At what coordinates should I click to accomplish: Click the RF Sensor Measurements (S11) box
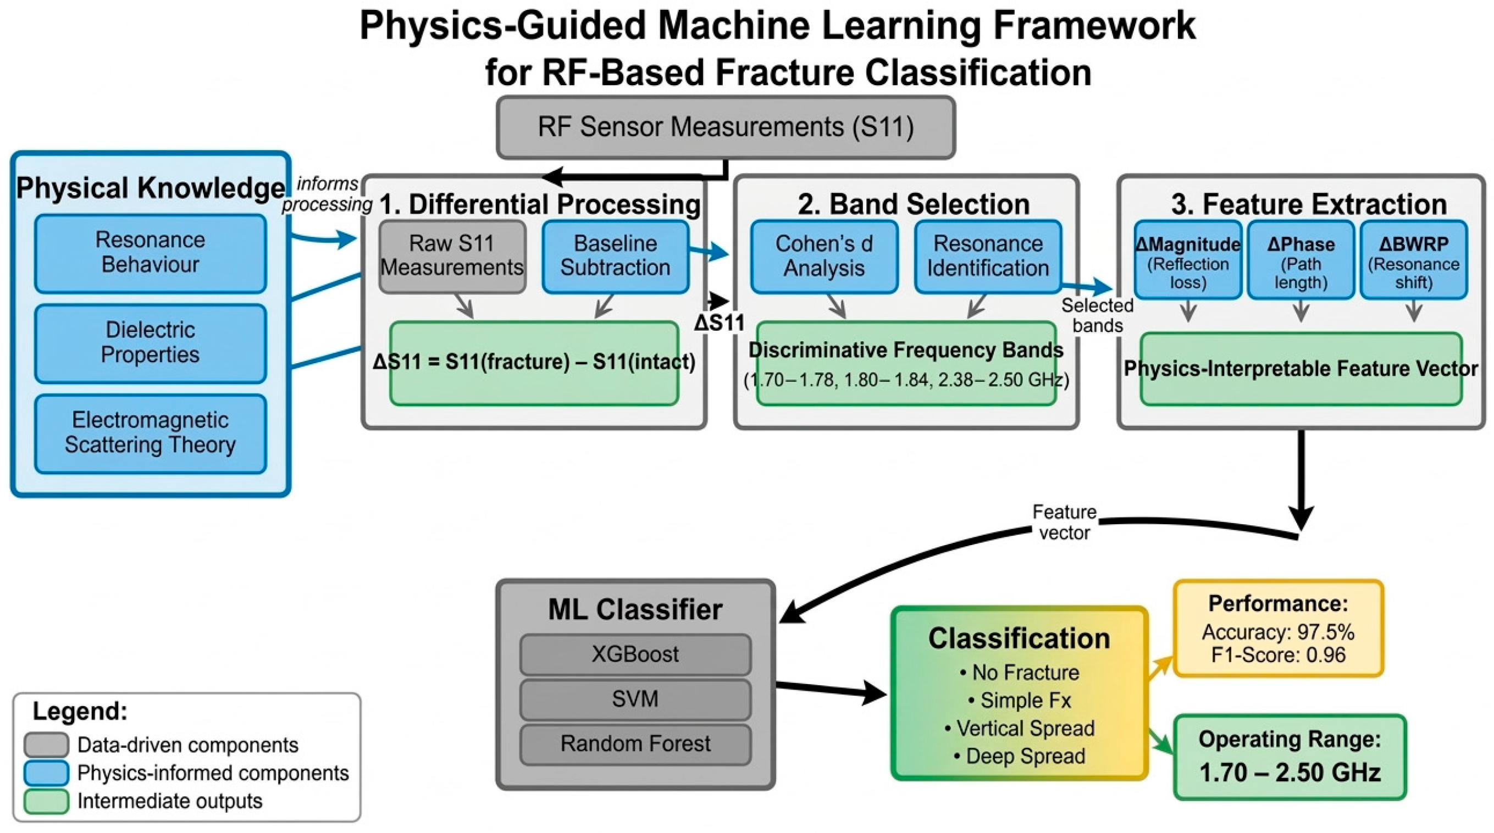coord(725,127)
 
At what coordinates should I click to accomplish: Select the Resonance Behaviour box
coord(150,253)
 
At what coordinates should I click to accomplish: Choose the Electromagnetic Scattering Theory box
coord(150,433)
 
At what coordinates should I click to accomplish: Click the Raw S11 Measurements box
coord(452,256)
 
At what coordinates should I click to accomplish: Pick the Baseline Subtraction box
coord(615,256)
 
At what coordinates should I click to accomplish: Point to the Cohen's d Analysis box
coord(823,256)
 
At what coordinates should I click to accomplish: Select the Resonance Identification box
coord(988,256)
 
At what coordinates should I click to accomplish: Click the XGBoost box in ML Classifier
coord(635,654)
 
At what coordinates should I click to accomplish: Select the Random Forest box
coord(635,744)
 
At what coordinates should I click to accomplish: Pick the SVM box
coord(635,699)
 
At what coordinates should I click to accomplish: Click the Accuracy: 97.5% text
coord(1277,632)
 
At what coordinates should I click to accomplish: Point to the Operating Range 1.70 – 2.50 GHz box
coord(1290,757)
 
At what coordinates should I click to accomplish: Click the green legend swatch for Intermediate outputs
coord(46,801)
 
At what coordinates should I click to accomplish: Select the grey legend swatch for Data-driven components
coord(46,745)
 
